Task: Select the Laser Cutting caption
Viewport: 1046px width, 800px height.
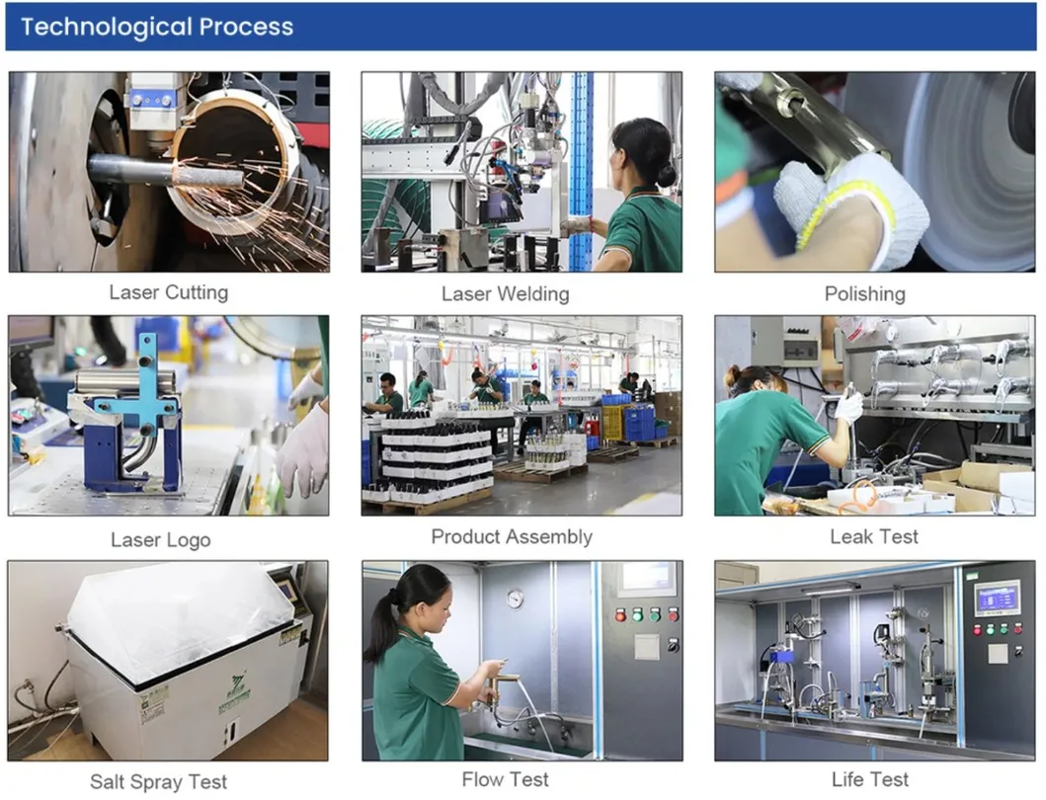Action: coord(168,292)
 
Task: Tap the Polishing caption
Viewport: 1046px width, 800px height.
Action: coord(864,294)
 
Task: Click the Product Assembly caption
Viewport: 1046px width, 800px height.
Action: coord(511,537)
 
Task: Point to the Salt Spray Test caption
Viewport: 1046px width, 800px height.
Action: coord(158,782)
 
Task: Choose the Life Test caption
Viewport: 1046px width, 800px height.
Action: coord(869,780)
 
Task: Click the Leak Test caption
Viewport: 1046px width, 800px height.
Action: coord(873,537)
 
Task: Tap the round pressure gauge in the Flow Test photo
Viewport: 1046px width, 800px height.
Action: coord(515,599)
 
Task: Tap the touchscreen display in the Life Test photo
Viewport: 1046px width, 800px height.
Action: coord(997,598)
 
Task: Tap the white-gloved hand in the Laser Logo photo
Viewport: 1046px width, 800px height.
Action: coord(303,449)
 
